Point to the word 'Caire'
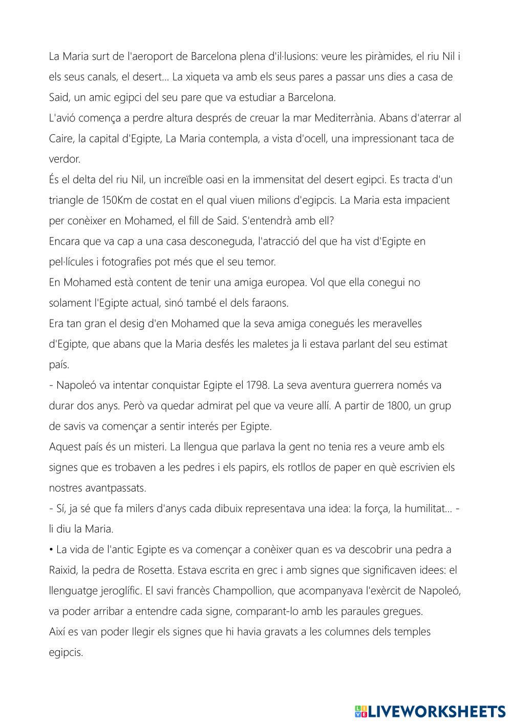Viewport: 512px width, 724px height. point(60,139)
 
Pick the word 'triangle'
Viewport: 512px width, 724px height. point(67,200)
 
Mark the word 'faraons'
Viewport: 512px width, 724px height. point(273,303)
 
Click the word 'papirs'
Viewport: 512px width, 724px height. point(294,467)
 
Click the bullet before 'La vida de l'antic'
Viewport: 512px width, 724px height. point(51,550)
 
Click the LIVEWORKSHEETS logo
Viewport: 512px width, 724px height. point(430,711)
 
